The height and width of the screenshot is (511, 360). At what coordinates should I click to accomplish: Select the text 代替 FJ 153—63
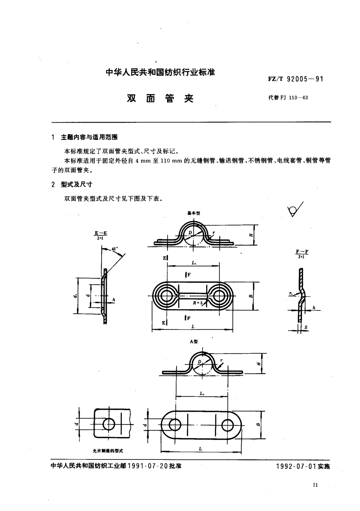tap(288, 97)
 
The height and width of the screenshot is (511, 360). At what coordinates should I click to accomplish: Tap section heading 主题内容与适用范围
tap(89, 137)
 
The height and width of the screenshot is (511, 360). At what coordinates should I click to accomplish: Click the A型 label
tap(193, 341)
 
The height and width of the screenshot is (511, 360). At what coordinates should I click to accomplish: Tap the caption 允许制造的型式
tap(108, 451)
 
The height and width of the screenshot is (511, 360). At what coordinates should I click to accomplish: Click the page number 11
tap(316, 484)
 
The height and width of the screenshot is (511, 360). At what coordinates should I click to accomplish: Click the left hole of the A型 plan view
tap(175, 425)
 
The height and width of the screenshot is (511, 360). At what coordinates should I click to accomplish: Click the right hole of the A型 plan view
tap(227, 425)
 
